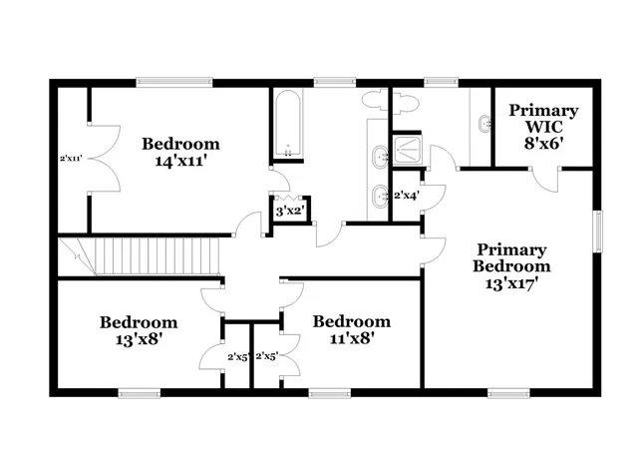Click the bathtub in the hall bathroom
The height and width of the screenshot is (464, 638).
(288, 124)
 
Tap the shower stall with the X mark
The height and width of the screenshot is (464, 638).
(409, 150)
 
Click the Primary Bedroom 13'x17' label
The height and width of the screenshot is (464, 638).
(510, 265)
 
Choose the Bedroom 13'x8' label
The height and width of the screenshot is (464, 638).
(139, 330)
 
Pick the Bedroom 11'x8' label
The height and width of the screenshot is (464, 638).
(351, 329)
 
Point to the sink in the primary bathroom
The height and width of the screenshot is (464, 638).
(484, 124)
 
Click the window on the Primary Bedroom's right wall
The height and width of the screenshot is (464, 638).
(599, 231)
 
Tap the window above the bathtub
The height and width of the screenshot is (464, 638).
(334, 82)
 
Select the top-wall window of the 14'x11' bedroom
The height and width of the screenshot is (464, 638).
(173, 82)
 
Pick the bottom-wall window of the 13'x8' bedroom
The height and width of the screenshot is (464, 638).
(140, 391)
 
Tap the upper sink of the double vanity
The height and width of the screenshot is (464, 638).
(381, 156)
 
